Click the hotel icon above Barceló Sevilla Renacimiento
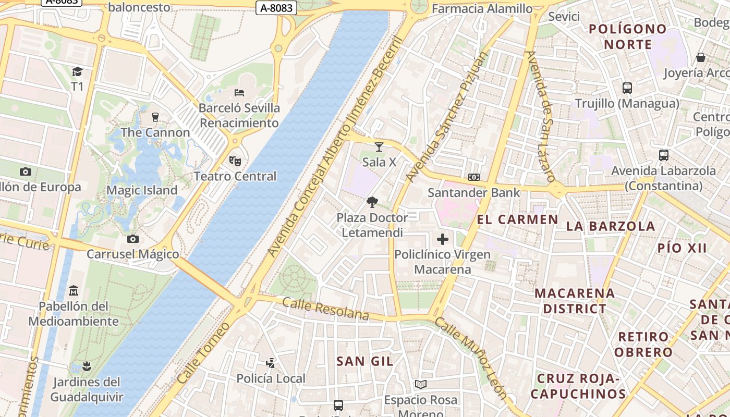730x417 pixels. tap(239, 93)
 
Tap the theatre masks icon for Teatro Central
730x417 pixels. tap(235, 161)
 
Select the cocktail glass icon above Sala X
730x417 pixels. tap(379, 147)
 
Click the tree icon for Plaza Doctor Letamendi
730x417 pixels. tap(372, 202)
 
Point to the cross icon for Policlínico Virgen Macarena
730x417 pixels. tap(443, 239)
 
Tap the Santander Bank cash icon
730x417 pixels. tap(474, 177)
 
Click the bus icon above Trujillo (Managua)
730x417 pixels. tap(627, 88)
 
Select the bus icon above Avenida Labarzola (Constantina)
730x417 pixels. tap(664, 155)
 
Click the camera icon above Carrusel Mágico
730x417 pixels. tap(133, 239)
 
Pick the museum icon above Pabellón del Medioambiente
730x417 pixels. tap(74, 290)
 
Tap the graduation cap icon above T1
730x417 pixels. tap(77, 71)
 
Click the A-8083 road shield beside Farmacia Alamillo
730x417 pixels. tap(276, 7)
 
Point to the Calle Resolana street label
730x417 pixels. tap(325, 309)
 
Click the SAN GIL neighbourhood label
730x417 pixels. tap(365, 361)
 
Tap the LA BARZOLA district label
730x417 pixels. tap(611, 226)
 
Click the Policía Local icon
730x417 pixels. tap(271, 363)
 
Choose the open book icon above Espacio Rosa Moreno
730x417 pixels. tap(421, 385)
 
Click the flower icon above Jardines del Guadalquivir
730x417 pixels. tap(87, 366)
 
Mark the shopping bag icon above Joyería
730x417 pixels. tap(701, 57)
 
